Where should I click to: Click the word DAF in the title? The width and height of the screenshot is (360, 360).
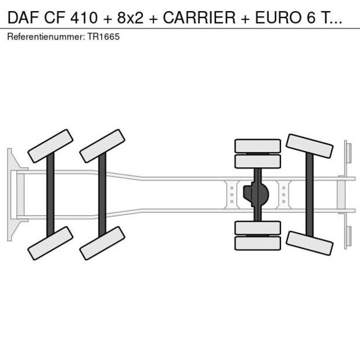[23, 17]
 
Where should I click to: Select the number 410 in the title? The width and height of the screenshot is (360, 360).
[84, 17]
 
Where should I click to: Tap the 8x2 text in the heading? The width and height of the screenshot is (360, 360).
[130, 17]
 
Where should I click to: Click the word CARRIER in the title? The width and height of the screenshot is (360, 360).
[199, 17]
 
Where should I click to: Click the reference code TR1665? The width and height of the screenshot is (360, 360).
[103, 37]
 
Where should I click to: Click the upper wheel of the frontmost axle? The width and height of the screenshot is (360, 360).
[51, 146]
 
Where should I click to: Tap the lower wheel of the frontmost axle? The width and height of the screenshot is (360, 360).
[51, 243]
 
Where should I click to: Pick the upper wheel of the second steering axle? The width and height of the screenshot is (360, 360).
[102, 146]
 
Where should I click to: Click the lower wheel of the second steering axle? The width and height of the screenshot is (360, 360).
[102, 243]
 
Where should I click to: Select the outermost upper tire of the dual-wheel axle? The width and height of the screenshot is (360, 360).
[258, 146]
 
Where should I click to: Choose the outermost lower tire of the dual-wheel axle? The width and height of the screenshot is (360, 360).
[258, 243]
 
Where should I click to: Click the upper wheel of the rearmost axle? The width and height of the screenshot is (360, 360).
[309, 146]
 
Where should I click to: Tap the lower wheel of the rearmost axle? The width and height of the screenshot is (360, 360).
[309, 243]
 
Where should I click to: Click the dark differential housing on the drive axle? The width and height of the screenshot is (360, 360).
[255, 195]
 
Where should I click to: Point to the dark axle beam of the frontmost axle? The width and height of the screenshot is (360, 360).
[51, 195]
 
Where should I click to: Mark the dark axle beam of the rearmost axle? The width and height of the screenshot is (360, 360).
[309, 195]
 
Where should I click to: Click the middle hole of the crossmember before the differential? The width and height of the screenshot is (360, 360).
[232, 195]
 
